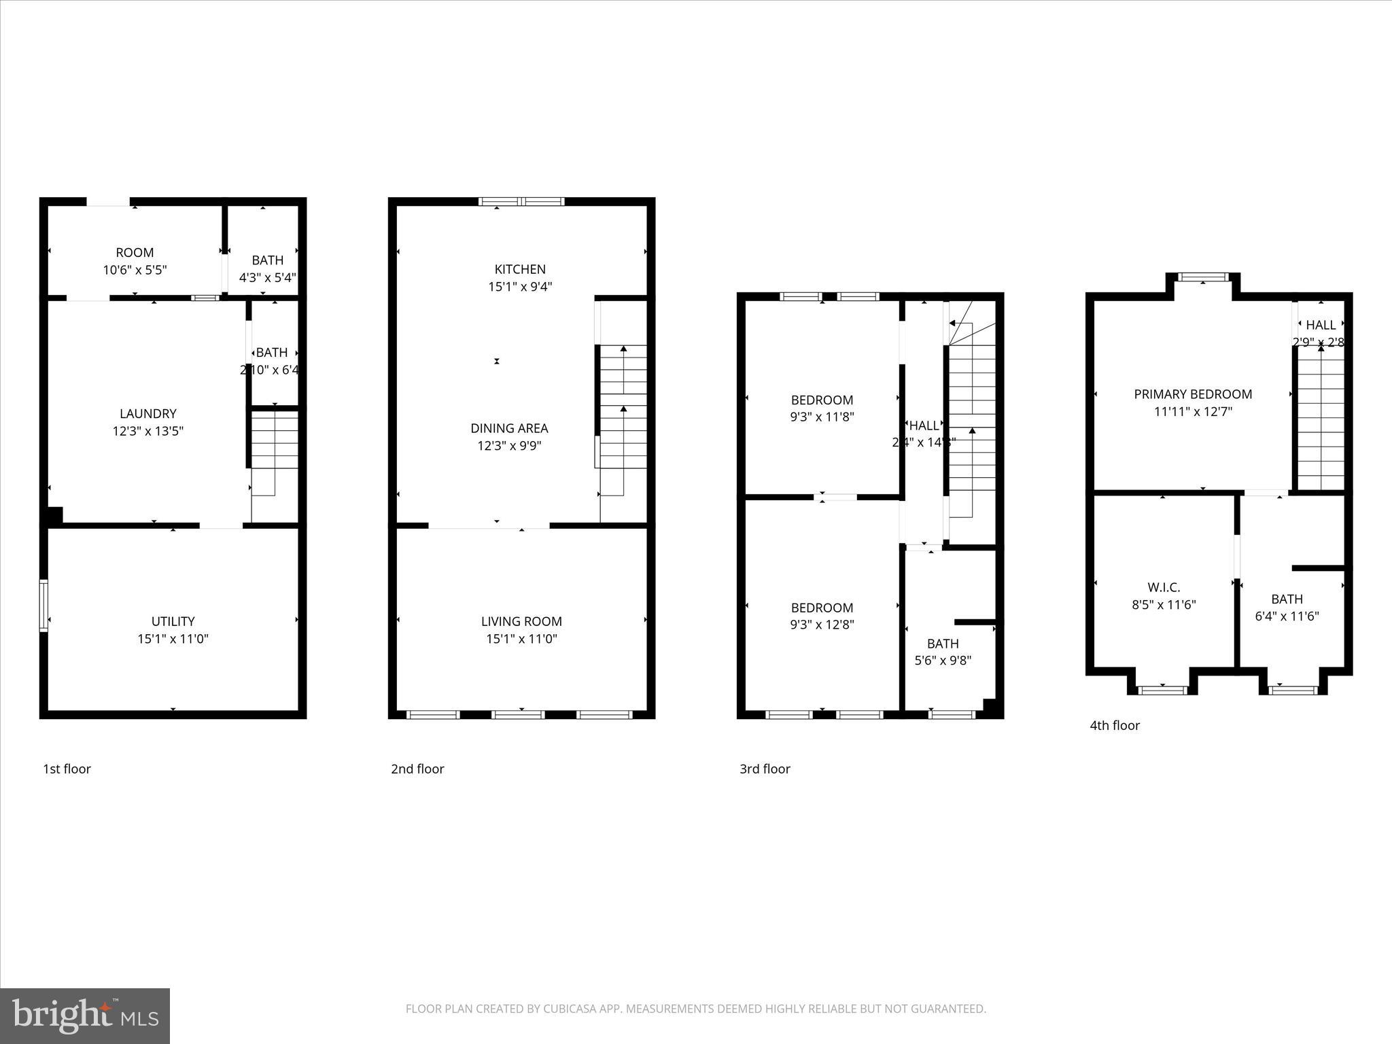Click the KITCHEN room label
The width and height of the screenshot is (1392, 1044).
coord(520,269)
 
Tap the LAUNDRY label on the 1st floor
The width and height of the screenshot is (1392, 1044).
coord(147,413)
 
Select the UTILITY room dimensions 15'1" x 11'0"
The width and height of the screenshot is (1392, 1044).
coord(173,639)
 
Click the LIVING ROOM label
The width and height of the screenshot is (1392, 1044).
coord(521,621)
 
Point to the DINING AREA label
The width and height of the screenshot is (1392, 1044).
coord(509,428)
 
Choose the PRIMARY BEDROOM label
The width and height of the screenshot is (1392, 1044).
coord(1193,394)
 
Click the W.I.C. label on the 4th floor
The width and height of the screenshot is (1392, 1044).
coord(1164,587)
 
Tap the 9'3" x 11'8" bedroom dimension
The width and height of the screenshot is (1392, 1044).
coord(822,417)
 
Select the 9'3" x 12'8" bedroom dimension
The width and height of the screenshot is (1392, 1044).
coord(822,625)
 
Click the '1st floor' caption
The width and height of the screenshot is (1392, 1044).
coord(67,769)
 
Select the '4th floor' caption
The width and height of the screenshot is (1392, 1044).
coord(1115,725)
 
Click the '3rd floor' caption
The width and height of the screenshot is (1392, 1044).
coord(765,769)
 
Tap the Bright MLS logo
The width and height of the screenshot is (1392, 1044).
coord(85,1016)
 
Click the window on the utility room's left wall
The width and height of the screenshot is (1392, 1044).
coord(43,606)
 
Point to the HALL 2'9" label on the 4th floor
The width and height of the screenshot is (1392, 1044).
coord(1321,326)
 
